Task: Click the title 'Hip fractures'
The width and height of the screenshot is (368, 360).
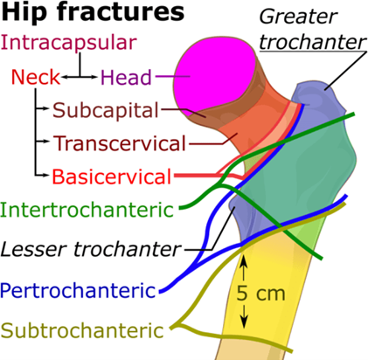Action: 93,12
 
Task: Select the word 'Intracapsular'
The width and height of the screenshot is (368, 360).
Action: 69,43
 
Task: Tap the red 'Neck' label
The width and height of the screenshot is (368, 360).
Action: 36,77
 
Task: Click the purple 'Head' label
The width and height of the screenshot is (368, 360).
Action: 126,78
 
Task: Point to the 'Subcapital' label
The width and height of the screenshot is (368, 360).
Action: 106,111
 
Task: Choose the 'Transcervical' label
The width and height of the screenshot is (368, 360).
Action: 120,143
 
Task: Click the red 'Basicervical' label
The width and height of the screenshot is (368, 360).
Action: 112,177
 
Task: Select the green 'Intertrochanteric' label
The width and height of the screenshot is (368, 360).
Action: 87,210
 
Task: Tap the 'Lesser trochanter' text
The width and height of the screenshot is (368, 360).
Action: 91,249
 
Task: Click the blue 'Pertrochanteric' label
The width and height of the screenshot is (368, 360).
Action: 78,290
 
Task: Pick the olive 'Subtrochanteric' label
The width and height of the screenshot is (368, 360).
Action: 82,330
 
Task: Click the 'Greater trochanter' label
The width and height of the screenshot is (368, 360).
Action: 312,29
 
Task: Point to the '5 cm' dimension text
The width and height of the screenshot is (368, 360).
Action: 260,293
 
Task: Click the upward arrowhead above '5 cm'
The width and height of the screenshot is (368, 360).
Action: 244,260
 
